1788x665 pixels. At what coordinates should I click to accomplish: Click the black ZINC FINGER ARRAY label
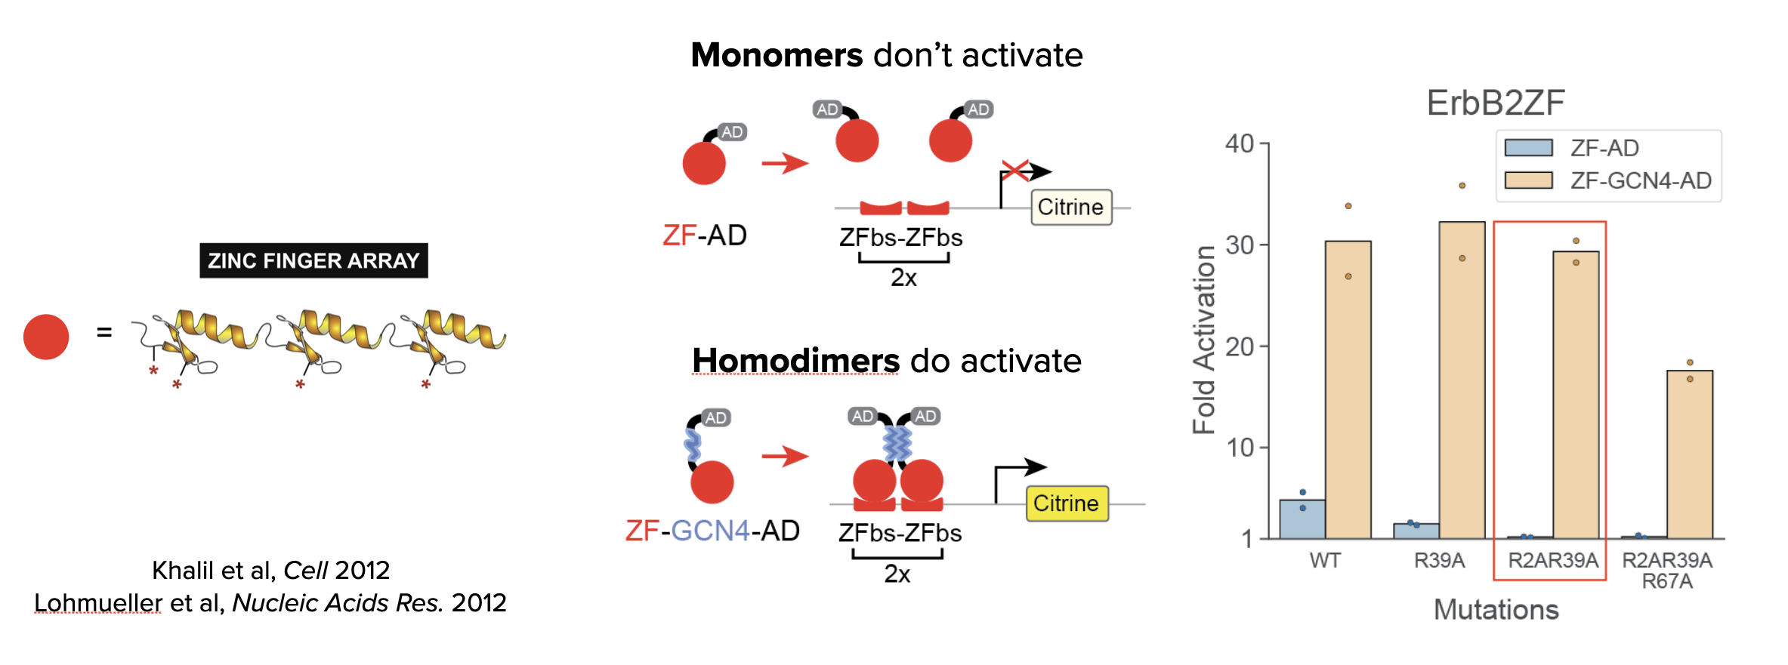pos(313,260)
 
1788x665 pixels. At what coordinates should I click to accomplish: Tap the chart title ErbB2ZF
pos(1495,103)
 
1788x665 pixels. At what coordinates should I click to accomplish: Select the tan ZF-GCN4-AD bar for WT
pos(1348,389)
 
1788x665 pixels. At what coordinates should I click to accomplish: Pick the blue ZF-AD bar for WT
pos(1302,519)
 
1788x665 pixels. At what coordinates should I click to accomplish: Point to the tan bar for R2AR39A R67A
pos(1690,454)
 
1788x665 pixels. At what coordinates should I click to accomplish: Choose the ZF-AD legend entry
pos(1571,148)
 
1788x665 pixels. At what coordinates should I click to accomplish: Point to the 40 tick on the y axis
pos(1240,143)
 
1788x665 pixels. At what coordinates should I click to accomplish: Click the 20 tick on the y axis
pos(1240,346)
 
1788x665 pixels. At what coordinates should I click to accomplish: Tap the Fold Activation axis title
pos(1204,340)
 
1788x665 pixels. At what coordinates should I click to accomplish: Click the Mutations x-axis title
pos(1496,609)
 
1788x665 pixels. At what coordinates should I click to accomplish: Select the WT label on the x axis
pos(1325,561)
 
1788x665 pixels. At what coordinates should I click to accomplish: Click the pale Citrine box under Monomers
pos(1070,207)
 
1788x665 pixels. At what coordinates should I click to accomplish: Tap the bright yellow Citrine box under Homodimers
pos(1066,503)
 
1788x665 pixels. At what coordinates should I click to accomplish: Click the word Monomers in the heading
pos(777,55)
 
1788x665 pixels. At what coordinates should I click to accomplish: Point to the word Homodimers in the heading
pos(795,361)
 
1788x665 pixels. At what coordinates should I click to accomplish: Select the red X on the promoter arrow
pos(1015,171)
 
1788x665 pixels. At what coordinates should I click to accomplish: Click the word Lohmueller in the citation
pos(98,603)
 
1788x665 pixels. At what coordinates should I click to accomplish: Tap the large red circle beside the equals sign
pos(46,337)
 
